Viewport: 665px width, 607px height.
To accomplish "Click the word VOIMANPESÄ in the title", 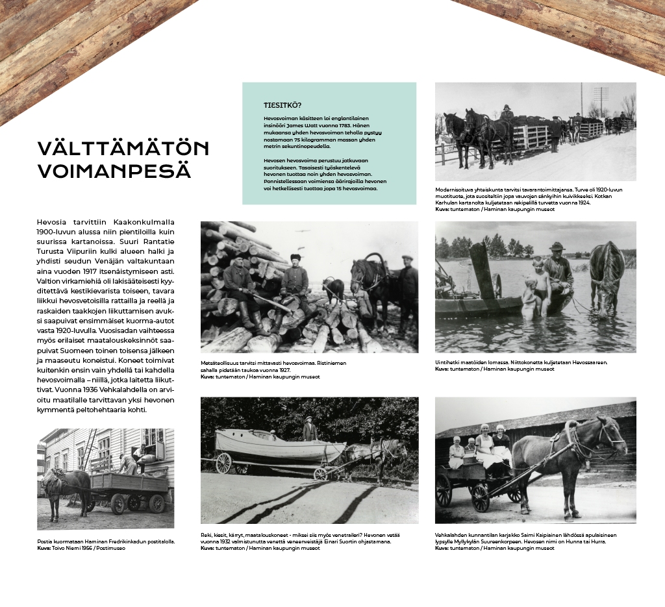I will pos(114,171).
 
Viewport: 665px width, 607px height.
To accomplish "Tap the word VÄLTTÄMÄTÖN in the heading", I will pos(123,149).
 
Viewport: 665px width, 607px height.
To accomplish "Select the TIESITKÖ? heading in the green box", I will pos(282,105).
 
